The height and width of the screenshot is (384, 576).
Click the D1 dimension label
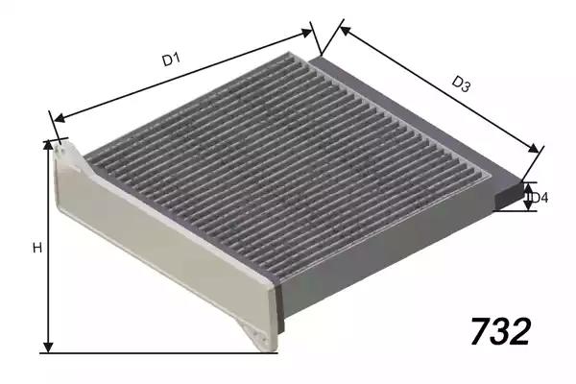[x=171, y=60]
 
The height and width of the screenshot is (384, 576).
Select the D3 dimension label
[x=461, y=84]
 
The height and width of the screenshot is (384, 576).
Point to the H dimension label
[x=37, y=248]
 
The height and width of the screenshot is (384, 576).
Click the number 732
[x=501, y=331]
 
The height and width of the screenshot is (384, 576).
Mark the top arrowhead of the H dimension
[x=48, y=145]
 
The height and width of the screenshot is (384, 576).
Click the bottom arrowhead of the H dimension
[x=48, y=348]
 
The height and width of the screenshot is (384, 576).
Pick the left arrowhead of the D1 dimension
[x=59, y=118]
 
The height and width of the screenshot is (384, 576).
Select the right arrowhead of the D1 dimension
[x=307, y=33]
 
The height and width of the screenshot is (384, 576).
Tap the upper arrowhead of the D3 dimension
[x=346, y=30]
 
